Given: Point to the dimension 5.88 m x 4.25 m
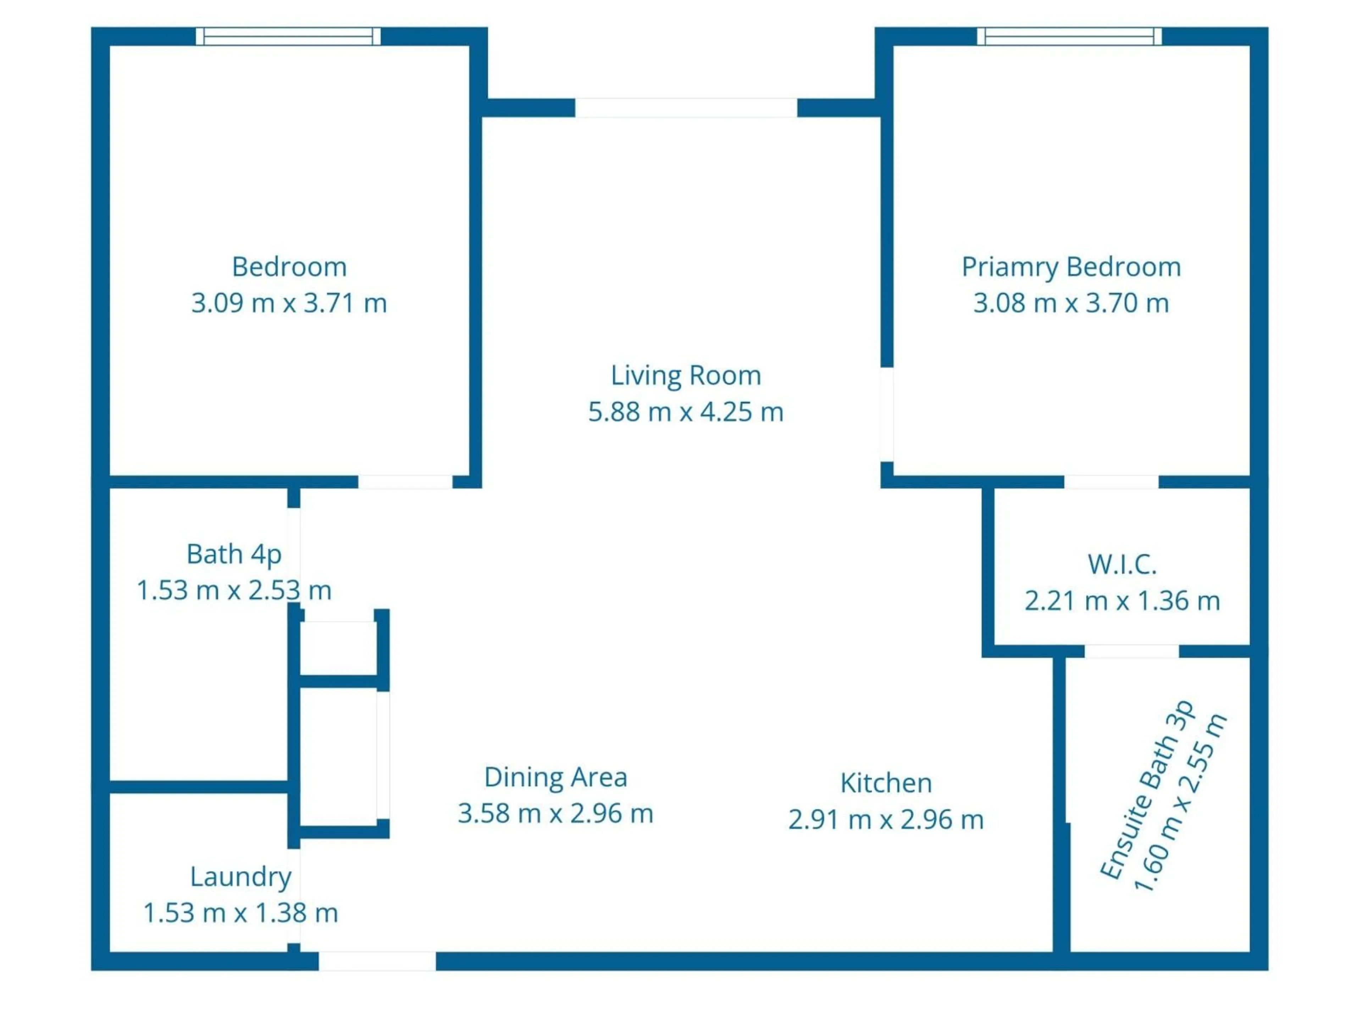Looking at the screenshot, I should pyautogui.click(x=685, y=412).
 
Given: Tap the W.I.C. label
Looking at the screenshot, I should pyautogui.click(x=1122, y=564).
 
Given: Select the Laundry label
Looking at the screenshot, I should pyautogui.click(x=240, y=876).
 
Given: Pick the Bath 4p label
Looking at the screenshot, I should pyautogui.click(x=234, y=554).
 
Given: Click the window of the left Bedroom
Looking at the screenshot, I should pyautogui.click(x=288, y=36).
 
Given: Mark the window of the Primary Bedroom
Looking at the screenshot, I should pyautogui.click(x=1069, y=36).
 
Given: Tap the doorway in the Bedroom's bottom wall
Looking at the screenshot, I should pyautogui.click(x=405, y=482).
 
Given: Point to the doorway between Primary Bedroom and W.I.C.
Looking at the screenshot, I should pyautogui.click(x=1111, y=482).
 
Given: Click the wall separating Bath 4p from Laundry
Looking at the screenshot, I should pyautogui.click(x=198, y=787).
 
